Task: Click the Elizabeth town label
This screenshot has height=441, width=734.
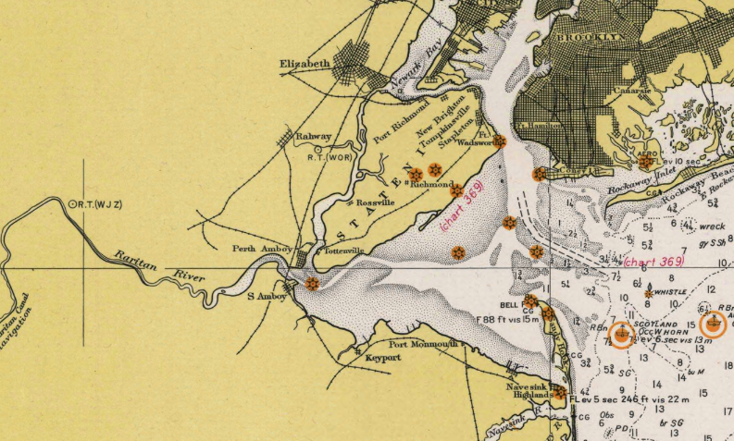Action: tap(305, 64)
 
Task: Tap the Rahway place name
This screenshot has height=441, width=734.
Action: tap(313, 137)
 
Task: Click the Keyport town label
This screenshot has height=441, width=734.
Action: tap(382, 357)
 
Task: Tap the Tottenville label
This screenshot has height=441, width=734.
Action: tap(342, 251)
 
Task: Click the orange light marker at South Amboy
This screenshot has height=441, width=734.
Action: tap(312, 284)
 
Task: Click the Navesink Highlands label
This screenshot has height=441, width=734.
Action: tap(532, 391)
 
